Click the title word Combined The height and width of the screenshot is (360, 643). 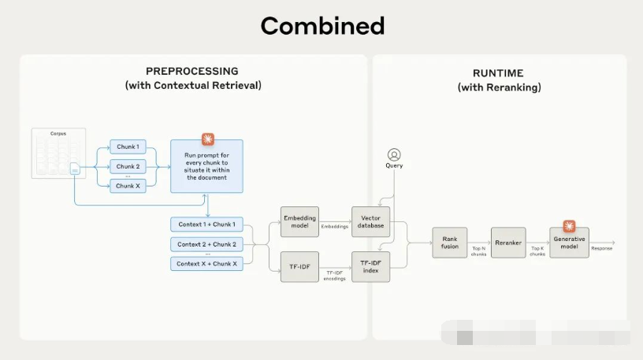pos(321,26)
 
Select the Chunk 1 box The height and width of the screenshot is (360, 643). pos(128,147)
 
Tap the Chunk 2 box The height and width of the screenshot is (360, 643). pos(128,166)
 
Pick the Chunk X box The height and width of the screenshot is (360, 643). pos(128,186)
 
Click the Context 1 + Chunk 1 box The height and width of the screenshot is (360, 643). pos(206,224)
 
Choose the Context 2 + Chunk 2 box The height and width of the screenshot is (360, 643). pos(206,244)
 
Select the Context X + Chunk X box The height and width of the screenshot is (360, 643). pos(206,264)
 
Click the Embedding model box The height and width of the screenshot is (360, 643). pos(299,221)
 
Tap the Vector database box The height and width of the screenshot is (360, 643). pos(371,221)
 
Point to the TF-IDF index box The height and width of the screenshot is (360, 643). pos(371,267)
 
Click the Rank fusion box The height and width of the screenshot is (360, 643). pos(449,243)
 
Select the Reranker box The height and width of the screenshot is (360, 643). pos(508,243)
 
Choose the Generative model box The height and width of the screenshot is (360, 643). pos(569,243)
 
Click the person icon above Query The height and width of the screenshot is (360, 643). pos(394,154)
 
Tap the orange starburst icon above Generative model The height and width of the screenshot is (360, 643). pos(569,226)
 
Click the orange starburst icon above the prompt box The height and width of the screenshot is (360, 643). pos(207,139)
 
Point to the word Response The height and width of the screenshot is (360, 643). pos(601,248)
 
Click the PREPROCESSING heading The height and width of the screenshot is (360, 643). pos(192,72)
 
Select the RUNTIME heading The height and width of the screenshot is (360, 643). pos(499,73)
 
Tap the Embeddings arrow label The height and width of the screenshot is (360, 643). pos(335,226)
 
